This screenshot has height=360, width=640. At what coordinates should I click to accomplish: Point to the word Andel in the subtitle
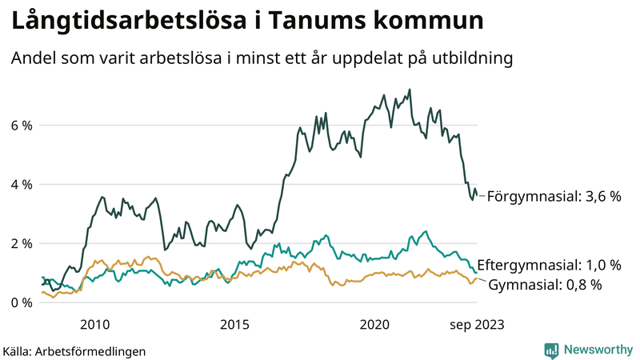[x=32, y=59]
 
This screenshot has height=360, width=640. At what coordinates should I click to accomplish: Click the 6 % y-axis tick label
[x=21, y=126]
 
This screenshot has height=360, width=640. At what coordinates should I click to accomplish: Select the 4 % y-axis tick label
[x=21, y=185]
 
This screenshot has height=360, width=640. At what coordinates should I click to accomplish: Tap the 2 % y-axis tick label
[x=21, y=243]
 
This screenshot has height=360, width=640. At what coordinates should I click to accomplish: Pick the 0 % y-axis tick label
[x=21, y=302]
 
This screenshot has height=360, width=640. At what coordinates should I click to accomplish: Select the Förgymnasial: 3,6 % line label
[x=554, y=196]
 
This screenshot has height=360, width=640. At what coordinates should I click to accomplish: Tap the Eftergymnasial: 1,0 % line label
[x=548, y=265]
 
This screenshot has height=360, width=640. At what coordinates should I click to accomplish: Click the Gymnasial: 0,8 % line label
[x=545, y=285]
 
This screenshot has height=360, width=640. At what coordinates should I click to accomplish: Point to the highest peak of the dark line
[x=410, y=90]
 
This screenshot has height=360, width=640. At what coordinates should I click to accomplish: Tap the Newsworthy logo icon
[x=551, y=350]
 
